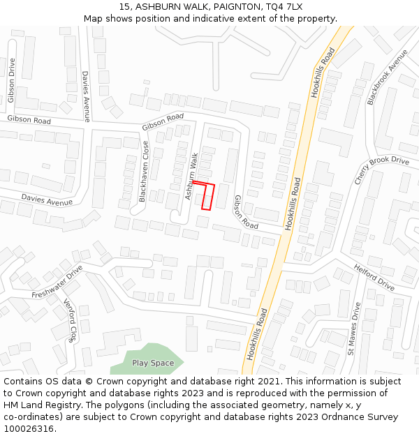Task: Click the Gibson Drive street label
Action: pyautogui.click(x=12, y=80)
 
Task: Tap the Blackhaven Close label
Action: pyautogui.click(x=144, y=172)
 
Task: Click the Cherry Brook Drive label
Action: pyautogui.click(x=381, y=171)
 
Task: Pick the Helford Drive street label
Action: pyautogui.click(x=374, y=277)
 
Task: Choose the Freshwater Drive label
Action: pyautogui.click(x=57, y=282)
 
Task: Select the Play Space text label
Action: pyautogui.click(x=153, y=363)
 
